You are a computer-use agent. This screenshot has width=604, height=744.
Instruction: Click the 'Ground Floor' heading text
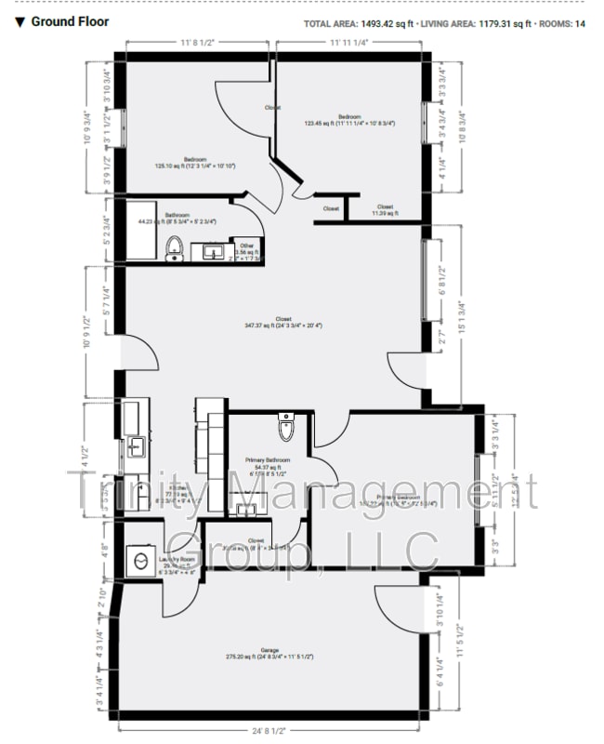[70, 21]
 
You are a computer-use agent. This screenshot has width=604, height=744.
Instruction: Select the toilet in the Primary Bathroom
[285, 430]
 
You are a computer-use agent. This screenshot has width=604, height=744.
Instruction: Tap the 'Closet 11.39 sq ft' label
[385, 210]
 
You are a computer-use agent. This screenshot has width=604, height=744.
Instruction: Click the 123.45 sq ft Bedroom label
[348, 119]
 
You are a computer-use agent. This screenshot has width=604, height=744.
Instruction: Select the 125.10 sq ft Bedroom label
[195, 162]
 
